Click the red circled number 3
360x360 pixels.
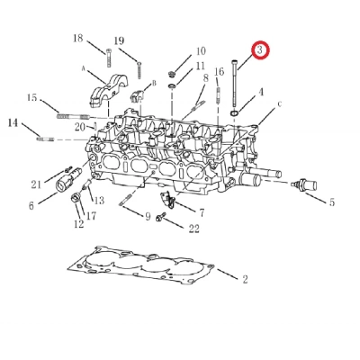coord(260,50)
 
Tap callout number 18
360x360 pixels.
coord(77,38)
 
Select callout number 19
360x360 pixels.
coord(119,42)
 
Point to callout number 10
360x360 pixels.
coord(200,51)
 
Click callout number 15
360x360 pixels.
coord(31,98)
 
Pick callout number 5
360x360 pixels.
coord(331,202)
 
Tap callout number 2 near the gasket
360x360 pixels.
coord(244,280)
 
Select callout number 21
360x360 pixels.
coord(37,184)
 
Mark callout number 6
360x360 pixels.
coord(31,205)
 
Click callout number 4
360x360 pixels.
coord(261,91)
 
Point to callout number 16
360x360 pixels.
coord(219,72)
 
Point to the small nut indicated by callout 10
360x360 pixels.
coord(171,72)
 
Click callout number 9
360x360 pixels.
coord(148,216)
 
